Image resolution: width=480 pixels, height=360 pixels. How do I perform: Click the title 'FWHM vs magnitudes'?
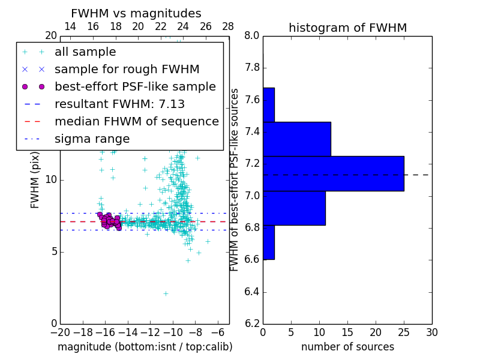click(x=136, y=13)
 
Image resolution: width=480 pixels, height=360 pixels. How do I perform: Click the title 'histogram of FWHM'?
click(x=347, y=28)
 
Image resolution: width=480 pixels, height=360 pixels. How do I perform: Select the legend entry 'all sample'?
click(x=85, y=52)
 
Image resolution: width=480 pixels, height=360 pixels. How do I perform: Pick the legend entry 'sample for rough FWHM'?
click(x=127, y=70)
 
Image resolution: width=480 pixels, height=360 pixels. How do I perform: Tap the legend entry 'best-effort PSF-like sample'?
click(x=135, y=87)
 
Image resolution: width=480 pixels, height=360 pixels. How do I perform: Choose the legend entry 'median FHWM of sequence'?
click(x=136, y=122)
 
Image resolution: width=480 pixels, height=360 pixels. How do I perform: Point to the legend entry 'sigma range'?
click(x=92, y=139)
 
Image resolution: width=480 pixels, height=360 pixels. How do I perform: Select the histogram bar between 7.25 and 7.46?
click(x=297, y=139)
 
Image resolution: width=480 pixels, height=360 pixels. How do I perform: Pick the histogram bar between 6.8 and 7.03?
click(x=294, y=208)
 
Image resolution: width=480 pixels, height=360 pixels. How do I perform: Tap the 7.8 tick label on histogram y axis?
click(x=251, y=68)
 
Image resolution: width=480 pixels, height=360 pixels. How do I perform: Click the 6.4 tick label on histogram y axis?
click(x=251, y=292)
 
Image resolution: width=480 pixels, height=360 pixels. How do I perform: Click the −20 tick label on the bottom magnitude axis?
click(x=60, y=332)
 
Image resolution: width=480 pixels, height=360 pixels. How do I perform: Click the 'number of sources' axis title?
click(x=347, y=347)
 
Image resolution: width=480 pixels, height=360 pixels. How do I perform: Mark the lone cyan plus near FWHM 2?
click(x=166, y=293)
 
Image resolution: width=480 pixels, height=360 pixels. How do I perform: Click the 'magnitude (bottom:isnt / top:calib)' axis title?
click(x=145, y=347)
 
